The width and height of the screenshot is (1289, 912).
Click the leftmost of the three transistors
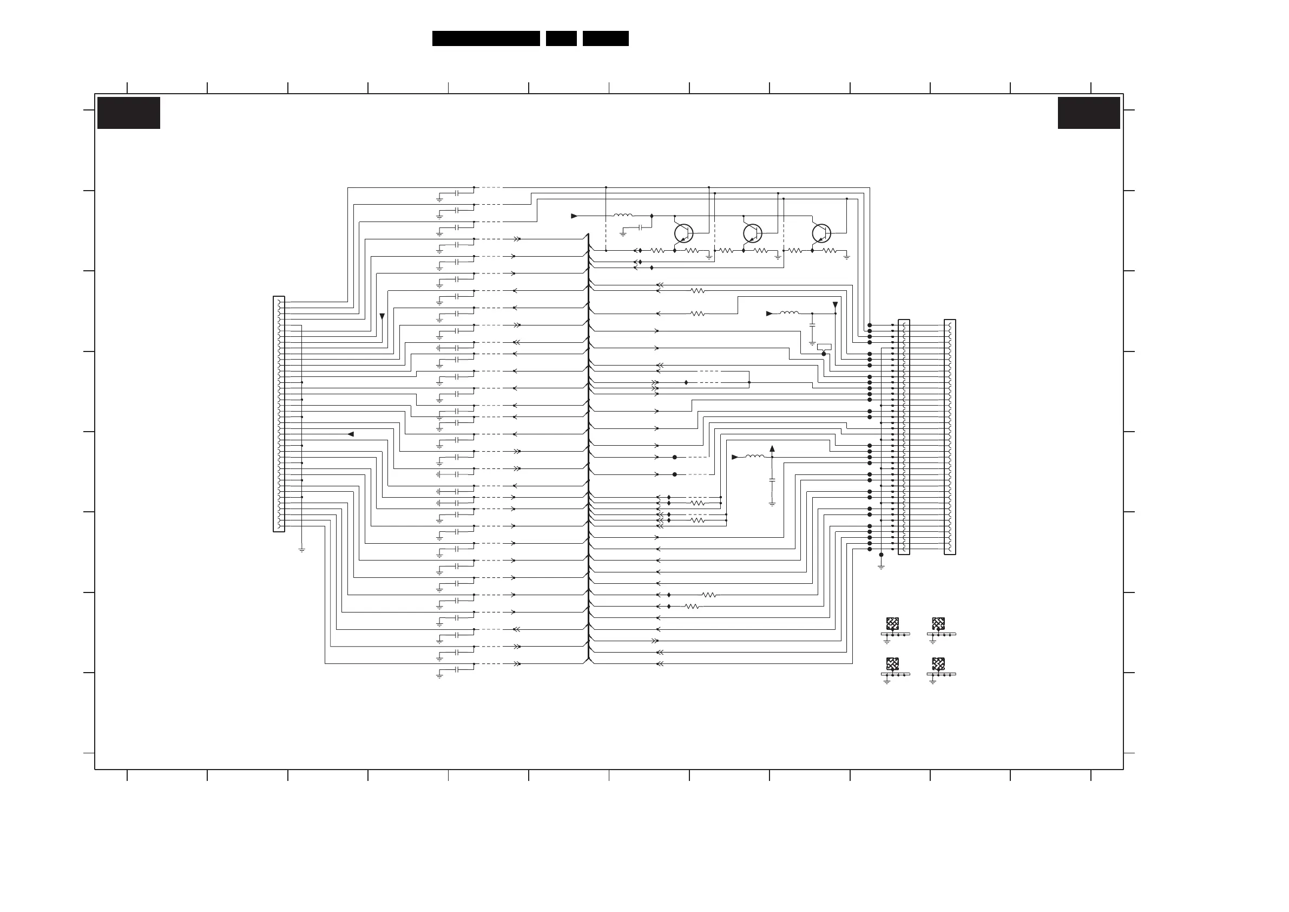[683, 233]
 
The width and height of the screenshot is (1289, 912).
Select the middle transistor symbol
[752, 233]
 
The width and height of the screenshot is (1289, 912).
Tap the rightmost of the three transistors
[821, 233]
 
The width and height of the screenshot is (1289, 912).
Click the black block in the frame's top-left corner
[129, 113]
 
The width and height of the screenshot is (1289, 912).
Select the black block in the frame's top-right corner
[1089, 113]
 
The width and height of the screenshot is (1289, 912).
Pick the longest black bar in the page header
[485, 38]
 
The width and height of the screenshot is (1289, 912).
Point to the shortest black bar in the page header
[561, 38]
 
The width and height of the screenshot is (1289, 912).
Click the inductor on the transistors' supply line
[623, 215]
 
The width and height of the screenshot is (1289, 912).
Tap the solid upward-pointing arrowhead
[772, 448]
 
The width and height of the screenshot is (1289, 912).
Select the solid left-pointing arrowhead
[351, 434]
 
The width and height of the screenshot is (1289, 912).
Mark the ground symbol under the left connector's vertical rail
[301, 550]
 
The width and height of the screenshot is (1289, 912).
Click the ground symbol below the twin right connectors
[881, 567]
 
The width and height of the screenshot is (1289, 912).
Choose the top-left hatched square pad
[892, 623]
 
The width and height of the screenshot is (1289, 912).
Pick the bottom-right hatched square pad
[938, 663]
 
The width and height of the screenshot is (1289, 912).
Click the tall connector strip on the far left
[279, 414]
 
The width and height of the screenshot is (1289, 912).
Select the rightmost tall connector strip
[949, 437]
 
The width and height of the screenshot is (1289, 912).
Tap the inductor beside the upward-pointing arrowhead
[754, 457]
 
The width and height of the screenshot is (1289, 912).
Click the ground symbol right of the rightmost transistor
[846, 257]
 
